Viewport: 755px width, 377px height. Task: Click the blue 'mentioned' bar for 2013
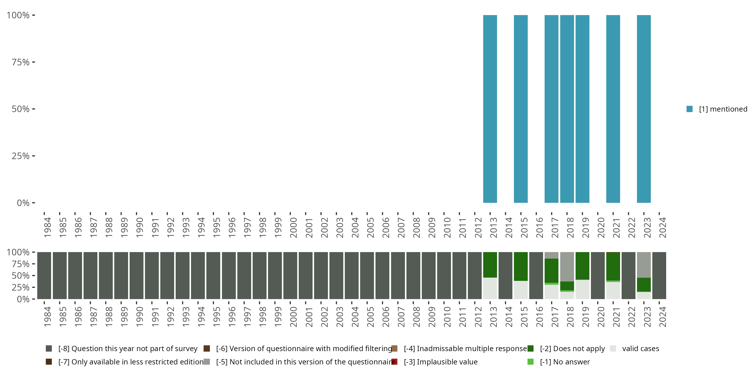490,109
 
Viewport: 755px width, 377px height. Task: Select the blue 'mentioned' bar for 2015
520,109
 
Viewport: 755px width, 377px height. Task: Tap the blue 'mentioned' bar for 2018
567,109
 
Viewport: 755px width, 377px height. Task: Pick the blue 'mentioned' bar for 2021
613,109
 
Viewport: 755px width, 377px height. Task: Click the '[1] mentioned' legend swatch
689,109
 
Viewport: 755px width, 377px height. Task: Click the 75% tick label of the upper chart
21,62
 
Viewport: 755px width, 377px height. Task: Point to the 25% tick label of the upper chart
21,156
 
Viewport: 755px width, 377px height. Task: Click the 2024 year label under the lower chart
662,317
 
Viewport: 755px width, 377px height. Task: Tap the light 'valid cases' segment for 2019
582,290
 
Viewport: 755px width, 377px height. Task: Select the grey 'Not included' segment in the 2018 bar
567,266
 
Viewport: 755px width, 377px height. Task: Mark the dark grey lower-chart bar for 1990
136,275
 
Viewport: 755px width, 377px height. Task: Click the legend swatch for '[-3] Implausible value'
395,362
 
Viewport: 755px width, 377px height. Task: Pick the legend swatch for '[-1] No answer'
530,362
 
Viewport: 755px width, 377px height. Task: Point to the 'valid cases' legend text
640,349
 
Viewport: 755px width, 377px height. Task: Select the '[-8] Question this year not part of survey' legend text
128,349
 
